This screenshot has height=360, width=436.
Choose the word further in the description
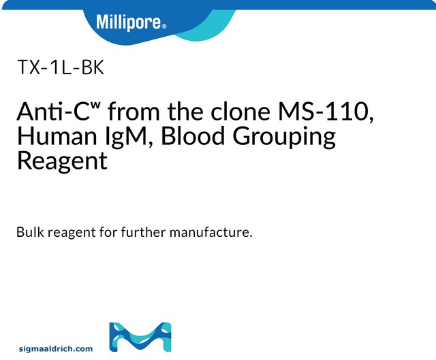click(149, 232)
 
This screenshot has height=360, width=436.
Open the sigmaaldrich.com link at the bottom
click(57, 348)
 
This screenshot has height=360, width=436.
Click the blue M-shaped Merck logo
click(140, 337)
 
